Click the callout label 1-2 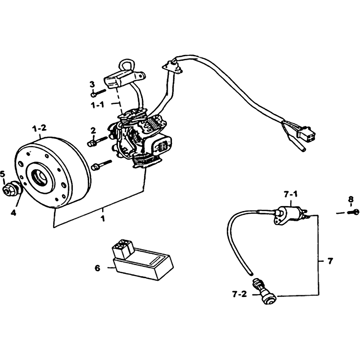tap(40, 128)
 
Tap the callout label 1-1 tap(97, 105)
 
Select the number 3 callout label tap(92, 85)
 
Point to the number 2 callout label tap(93, 131)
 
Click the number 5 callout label tap(3, 174)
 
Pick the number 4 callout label tap(14, 213)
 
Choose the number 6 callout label tap(98, 268)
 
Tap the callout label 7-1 tap(291, 195)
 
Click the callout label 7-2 tap(239, 294)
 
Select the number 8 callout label tap(351, 198)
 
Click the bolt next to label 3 tap(98, 93)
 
